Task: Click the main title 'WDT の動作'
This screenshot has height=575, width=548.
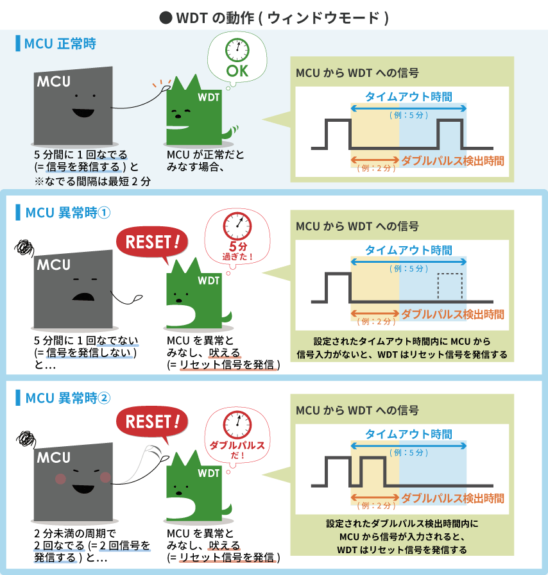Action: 275,18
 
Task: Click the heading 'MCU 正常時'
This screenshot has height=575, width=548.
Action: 60,44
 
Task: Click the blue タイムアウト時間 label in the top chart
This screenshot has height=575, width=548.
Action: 408,97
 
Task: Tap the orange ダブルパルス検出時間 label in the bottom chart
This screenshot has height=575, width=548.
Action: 452,498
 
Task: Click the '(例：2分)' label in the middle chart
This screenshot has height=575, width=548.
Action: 375,321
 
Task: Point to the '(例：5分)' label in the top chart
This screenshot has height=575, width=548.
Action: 408,115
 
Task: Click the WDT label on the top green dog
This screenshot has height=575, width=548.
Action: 209,97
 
